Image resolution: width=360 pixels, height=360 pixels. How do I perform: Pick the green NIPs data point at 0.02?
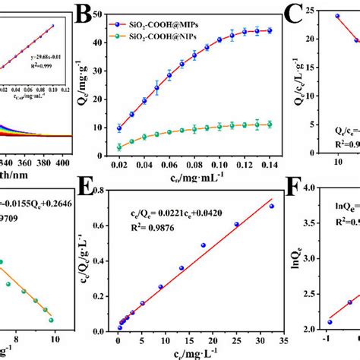coord(140,147)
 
